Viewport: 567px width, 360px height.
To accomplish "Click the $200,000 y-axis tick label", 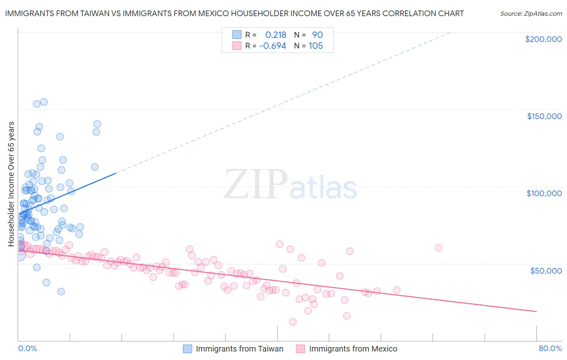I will click(x=543, y=39).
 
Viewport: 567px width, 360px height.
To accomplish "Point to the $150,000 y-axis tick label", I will click(x=544, y=116).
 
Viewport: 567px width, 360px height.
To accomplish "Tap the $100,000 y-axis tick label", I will click(x=544, y=193).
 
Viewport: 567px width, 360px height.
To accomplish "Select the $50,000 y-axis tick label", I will click(x=546, y=270).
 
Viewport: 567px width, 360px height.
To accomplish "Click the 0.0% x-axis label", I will click(x=27, y=348).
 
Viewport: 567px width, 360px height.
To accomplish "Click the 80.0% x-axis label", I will click(x=550, y=348).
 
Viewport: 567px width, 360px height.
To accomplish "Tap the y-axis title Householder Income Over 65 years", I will click(x=11, y=184).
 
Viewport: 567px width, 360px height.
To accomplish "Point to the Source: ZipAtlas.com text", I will click(x=531, y=13).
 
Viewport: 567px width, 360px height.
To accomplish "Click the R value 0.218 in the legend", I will click(x=275, y=35).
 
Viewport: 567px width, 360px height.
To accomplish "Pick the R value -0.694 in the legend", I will click(x=273, y=46).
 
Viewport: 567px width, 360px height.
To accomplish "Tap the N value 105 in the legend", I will click(x=316, y=46).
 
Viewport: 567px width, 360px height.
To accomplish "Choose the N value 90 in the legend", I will click(x=317, y=35).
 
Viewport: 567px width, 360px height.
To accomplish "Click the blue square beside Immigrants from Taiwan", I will click(x=188, y=349).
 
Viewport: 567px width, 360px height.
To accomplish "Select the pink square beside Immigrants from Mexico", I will click(x=300, y=349).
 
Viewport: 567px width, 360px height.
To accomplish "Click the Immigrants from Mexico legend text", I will click(x=353, y=349).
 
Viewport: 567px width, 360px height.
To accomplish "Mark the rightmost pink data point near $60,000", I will click(x=438, y=247).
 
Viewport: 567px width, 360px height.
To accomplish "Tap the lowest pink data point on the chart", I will click(x=293, y=322).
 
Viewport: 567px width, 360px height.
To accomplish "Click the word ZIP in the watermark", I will click(x=255, y=184).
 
